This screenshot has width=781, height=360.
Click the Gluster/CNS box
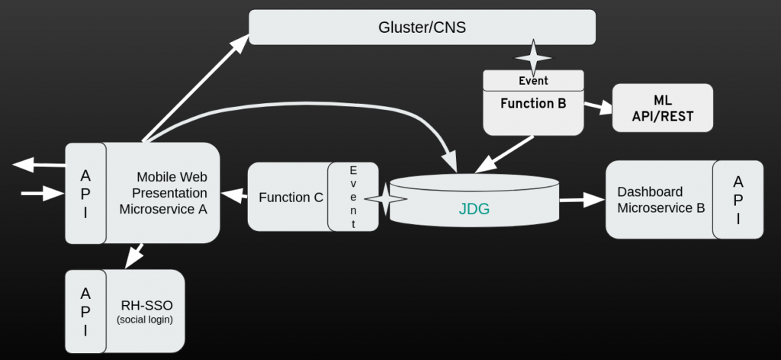pyautogui.click(x=422, y=27)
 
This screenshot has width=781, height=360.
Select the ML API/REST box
pyautogui.click(x=663, y=108)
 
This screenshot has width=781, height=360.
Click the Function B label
pyautogui.click(x=533, y=103)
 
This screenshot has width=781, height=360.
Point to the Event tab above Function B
pyautogui.click(x=533, y=80)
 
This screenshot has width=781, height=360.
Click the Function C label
pyautogui.click(x=291, y=198)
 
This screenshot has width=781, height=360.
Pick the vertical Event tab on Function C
pyautogui.click(x=353, y=197)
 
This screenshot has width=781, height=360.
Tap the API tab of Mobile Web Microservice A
pyautogui.click(x=85, y=193)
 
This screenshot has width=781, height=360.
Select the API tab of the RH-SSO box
pyautogui.click(x=85, y=311)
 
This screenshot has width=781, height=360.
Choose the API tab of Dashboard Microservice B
pyautogui.click(x=738, y=200)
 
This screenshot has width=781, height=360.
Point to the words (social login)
pyautogui.click(x=145, y=320)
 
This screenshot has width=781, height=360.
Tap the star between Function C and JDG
pyautogui.click(x=385, y=198)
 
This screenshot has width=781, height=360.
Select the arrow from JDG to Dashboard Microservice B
pyautogui.click(x=582, y=201)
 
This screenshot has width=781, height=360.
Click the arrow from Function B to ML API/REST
pyautogui.click(x=599, y=108)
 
